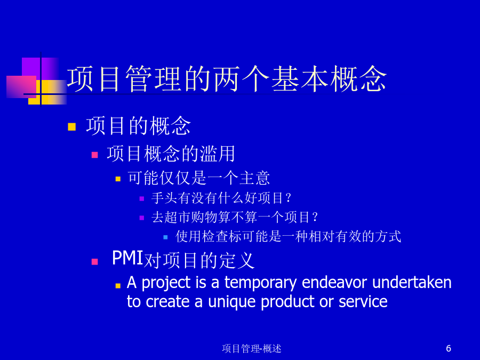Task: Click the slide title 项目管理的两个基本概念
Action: point(227,79)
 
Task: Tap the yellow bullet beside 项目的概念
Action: point(71,127)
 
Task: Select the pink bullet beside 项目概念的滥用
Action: point(94,155)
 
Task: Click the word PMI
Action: point(127,258)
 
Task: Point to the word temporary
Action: point(260,283)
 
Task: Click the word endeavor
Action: point(334,282)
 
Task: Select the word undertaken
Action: point(412,282)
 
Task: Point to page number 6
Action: point(449,348)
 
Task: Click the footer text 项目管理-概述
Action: point(251,348)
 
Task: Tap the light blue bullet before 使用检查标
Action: point(166,237)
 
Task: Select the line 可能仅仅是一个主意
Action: point(199,178)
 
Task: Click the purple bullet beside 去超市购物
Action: point(142,218)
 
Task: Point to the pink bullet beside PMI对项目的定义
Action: point(94,262)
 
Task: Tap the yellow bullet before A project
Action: point(118,286)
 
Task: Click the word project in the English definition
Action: point(166,283)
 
